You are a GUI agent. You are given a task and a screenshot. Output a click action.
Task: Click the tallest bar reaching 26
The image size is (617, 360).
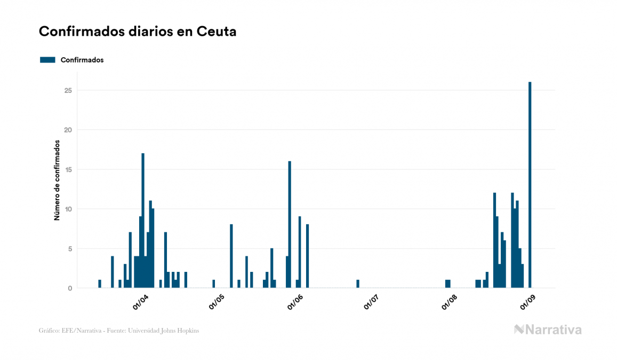(530, 185)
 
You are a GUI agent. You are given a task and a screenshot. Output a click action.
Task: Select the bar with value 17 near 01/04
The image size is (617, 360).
(143, 221)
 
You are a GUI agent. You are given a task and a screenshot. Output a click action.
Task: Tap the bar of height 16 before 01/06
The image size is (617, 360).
(290, 224)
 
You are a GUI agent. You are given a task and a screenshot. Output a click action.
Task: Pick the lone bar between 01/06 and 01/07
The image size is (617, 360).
(358, 284)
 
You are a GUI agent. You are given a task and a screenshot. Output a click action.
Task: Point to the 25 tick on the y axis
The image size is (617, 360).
(68, 90)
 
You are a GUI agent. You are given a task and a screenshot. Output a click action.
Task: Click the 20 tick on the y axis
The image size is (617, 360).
(68, 130)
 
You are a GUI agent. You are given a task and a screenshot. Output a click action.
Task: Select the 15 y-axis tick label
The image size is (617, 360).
(68, 169)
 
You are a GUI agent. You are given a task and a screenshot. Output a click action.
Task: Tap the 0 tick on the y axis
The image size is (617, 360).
(70, 288)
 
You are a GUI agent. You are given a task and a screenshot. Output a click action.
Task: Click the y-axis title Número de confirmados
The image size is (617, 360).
(57, 180)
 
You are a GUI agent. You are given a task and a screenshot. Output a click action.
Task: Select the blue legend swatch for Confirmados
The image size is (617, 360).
(47, 60)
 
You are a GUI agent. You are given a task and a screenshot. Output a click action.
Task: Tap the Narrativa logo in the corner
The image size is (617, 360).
(548, 330)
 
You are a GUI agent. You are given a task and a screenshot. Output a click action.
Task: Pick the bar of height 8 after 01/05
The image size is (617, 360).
(231, 256)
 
